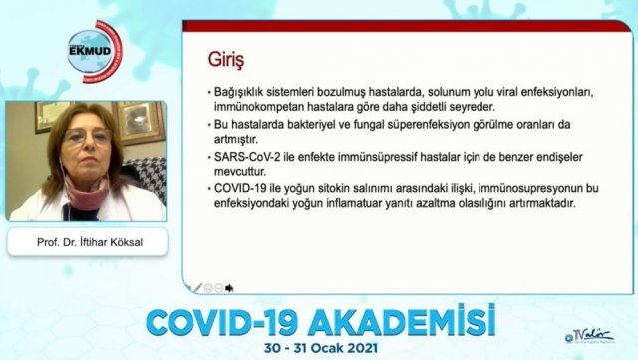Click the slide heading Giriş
(226, 60)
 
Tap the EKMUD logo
(95, 51)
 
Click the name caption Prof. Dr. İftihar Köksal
(90, 242)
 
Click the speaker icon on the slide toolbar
(229, 288)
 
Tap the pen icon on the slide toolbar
(198, 288)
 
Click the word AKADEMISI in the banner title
(401, 322)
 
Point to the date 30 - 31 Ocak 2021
(321, 349)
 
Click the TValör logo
(589, 335)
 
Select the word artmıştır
(236, 139)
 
